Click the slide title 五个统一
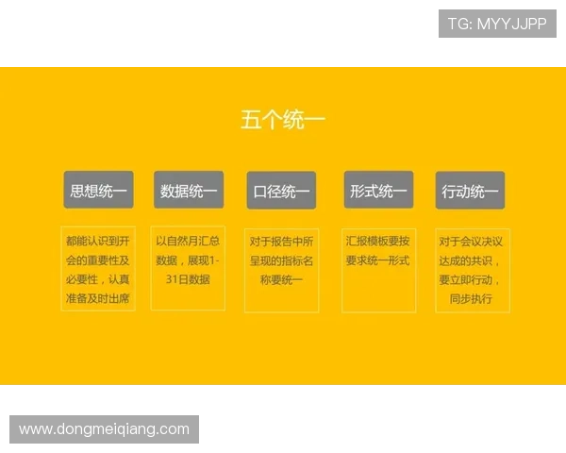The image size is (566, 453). (283, 121)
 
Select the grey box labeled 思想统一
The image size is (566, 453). (98, 191)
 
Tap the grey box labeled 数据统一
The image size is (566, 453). (189, 191)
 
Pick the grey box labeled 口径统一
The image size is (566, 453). (281, 192)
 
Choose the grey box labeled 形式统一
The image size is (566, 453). (378, 191)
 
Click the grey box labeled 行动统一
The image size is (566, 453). (470, 192)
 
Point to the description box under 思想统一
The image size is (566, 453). (98, 269)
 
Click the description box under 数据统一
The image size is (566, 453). (189, 269)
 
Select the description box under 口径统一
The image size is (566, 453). (281, 269)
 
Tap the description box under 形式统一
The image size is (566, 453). (378, 269)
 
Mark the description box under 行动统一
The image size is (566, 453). (472, 269)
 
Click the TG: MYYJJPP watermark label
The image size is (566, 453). (497, 24)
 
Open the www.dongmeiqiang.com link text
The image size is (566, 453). (105, 429)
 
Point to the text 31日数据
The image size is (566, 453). (187, 279)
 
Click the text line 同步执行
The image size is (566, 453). (471, 299)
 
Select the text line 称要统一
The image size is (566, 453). (281, 279)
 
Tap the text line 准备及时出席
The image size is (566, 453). (98, 299)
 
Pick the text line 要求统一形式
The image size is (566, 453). (378, 260)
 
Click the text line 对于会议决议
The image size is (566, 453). (472, 241)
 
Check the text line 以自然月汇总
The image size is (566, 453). (189, 241)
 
